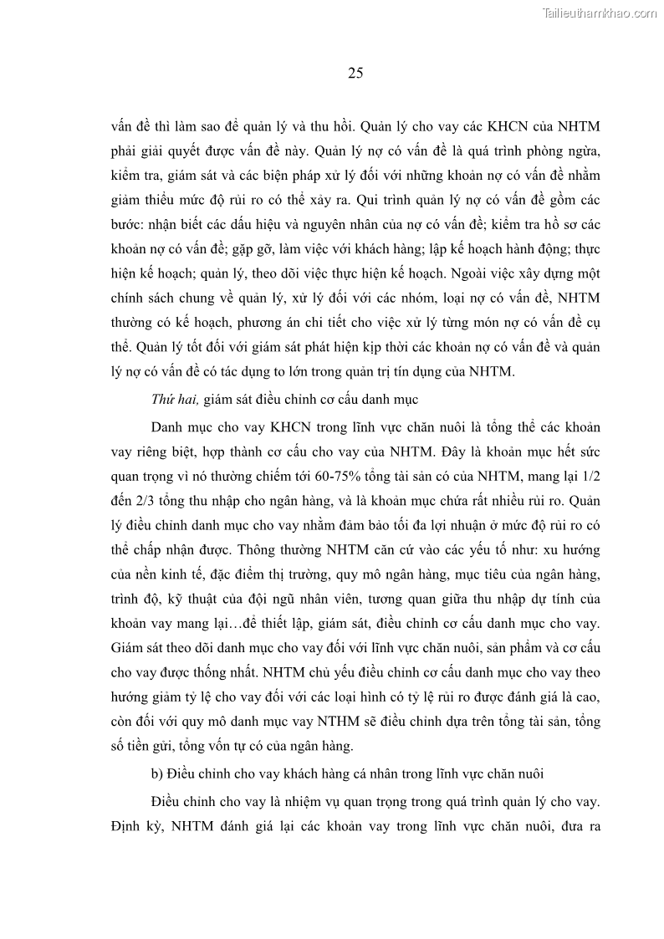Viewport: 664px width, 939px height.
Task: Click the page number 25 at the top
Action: pyautogui.click(x=355, y=73)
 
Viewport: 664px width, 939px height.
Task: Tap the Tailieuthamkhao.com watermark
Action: pyautogui.click(x=600, y=13)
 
